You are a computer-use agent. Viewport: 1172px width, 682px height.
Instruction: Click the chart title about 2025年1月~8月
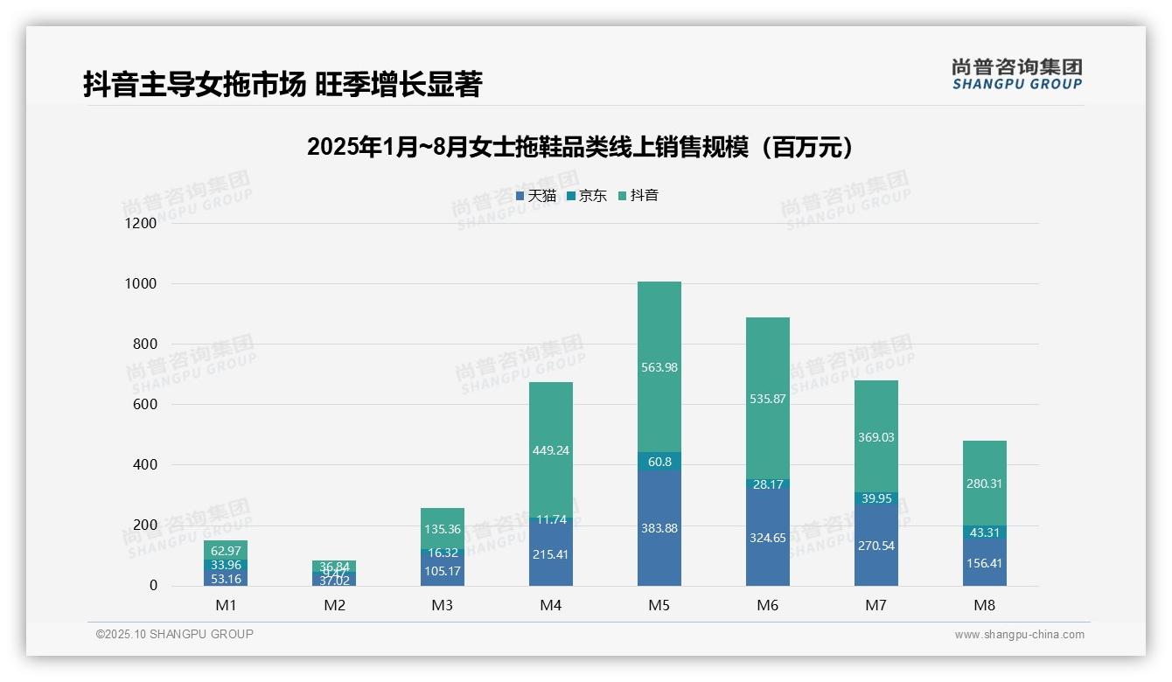pos(580,148)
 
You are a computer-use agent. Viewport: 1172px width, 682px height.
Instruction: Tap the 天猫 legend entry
pos(536,196)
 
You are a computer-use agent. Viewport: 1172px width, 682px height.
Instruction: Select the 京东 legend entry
pos(587,196)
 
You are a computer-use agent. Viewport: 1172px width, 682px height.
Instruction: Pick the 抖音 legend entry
pos(638,196)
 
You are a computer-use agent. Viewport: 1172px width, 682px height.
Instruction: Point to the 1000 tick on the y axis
pos(140,283)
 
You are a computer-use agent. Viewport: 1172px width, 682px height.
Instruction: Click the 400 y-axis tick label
pos(144,464)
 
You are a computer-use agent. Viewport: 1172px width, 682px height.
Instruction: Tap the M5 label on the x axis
pos(659,605)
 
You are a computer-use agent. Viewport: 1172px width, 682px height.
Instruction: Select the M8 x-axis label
pos(985,605)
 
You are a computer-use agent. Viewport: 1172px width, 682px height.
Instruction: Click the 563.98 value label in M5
pos(659,367)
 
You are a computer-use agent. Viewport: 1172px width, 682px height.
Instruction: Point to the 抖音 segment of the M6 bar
pos(768,399)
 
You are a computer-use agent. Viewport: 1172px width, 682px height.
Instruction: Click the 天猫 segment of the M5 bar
pos(659,528)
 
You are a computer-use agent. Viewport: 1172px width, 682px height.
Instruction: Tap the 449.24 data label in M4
pos(551,450)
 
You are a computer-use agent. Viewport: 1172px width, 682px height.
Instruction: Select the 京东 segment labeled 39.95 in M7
pos(876,498)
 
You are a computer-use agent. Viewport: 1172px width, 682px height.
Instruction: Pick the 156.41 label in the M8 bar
pos(985,563)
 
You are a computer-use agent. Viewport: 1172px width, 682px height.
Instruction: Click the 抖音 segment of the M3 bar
pos(443,529)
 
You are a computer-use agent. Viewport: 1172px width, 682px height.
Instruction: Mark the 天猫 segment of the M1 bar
pos(226,578)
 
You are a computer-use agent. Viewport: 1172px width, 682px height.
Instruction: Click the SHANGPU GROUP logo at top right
pos(1016,74)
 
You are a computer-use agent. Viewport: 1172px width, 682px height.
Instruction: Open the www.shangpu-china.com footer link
pos(1019,635)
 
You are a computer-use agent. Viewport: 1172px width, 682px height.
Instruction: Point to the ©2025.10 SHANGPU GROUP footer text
pos(175,634)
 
